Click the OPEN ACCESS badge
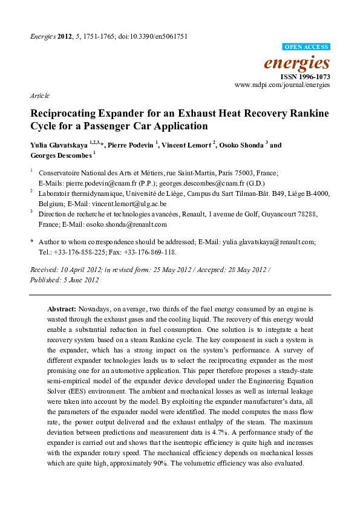click(307, 47)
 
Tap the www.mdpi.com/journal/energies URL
click(283, 86)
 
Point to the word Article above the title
click(39, 96)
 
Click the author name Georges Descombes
click(59, 155)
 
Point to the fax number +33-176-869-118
click(140, 251)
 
